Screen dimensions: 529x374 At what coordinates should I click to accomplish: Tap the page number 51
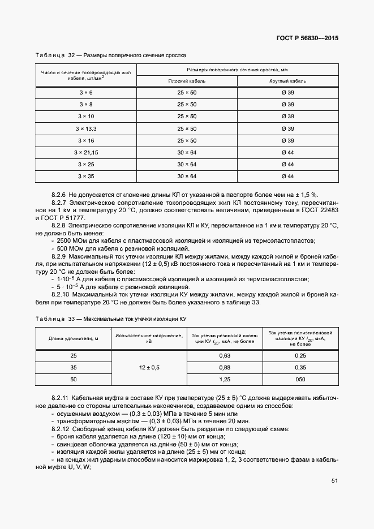point(334,481)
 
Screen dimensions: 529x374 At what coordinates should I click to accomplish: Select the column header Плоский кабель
point(187,81)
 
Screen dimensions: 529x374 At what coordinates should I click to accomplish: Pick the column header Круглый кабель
point(287,81)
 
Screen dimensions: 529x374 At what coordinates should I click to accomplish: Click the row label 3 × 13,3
point(86,128)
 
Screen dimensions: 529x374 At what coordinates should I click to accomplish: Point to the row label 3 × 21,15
point(86,152)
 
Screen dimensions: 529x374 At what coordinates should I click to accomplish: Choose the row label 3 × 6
point(86,92)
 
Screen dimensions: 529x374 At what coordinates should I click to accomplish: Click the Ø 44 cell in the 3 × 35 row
point(287,176)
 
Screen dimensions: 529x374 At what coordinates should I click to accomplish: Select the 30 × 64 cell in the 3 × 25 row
point(187,164)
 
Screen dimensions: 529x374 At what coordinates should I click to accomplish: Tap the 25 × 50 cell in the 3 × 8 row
point(187,104)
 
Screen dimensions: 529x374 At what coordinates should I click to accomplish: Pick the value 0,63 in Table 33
point(225,355)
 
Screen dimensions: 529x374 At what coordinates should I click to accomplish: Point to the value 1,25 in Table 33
point(225,379)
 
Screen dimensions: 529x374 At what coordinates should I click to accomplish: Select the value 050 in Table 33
point(300,379)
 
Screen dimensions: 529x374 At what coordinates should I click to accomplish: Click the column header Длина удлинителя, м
point(74,338)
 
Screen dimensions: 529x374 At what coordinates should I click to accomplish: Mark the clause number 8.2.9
point(60,256)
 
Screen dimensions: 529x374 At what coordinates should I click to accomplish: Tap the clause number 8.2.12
point(61,429)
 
